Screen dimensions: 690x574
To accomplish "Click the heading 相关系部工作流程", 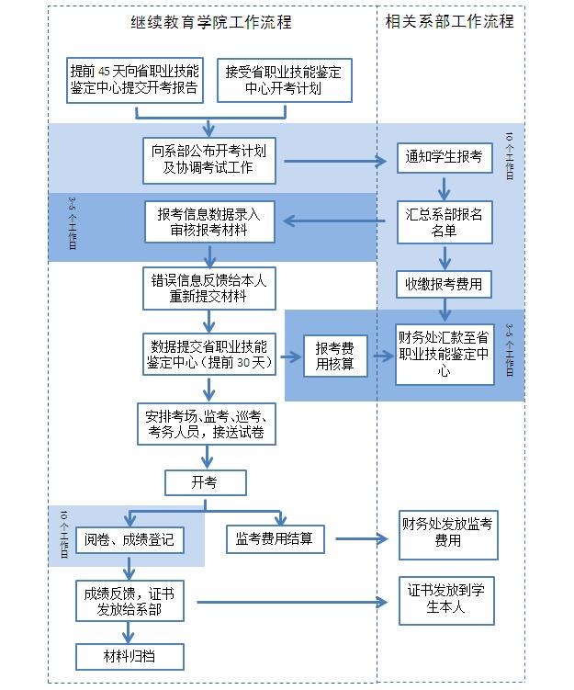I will click(450, 20).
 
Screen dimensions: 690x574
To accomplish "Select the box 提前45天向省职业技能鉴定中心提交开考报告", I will click(135, 80).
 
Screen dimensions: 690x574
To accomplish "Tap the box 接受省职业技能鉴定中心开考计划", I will click(284, 80).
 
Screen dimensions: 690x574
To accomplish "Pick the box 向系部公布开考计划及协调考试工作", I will click(208, 159).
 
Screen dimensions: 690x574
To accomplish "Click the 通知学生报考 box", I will click(444, 157).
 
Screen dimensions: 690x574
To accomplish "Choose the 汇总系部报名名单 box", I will click(444, 222).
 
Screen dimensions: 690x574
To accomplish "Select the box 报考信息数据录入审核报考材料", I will click(208, 221).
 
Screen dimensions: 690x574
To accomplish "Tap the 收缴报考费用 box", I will click(444, 284).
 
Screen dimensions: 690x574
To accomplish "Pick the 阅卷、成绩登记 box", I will click(129, 538).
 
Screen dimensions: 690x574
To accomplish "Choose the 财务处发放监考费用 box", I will click(447, 534).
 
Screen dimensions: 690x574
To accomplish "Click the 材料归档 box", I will click(129, 656).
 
